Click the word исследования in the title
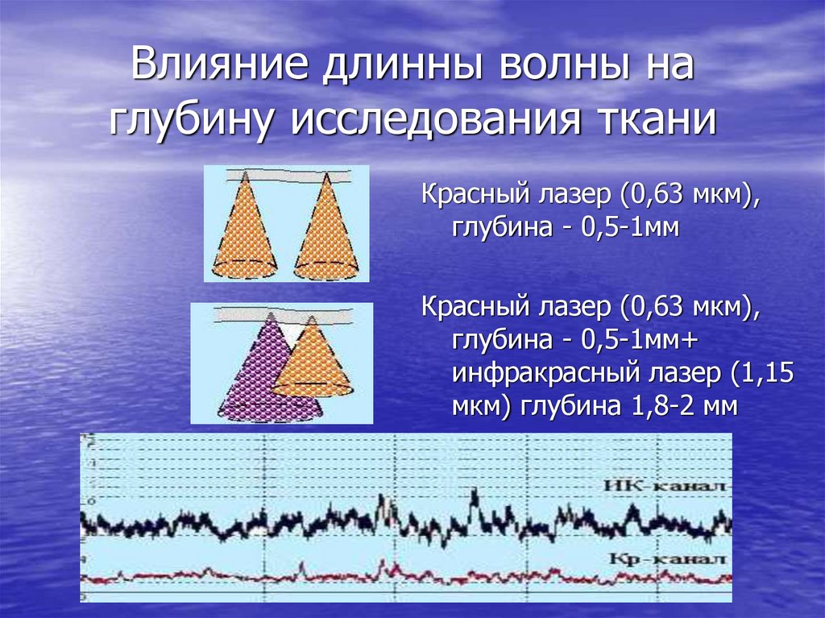click(x=426, y=121)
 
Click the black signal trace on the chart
click(x=242, y=528)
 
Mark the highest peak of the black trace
click(x=474, y=493)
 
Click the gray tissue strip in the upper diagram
click(x=287, y=174)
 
